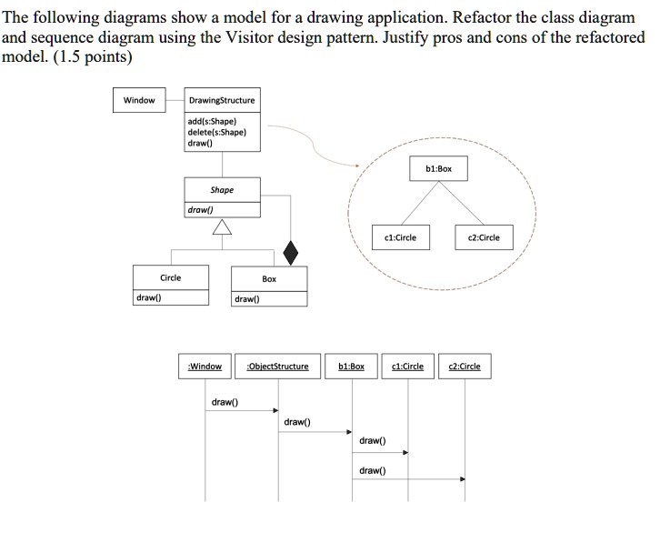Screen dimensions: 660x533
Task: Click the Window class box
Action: (139, 100)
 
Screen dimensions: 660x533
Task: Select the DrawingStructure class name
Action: (222, 101)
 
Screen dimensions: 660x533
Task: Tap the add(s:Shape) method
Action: (212, 121)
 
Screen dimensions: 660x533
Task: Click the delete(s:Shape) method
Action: (216, 132)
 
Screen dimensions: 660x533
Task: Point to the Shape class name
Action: (222, 190)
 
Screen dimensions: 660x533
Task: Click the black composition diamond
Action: (290, 253)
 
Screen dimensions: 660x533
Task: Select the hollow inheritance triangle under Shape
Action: (222, 226)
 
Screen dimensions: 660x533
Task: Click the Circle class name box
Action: (171, 277)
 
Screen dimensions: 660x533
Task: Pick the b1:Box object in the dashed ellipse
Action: (438, 169)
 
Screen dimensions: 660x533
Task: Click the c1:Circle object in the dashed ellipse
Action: (401, 237)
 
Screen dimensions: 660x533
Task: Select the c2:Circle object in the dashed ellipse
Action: (484, 237)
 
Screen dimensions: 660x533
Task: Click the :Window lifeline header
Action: (205, 367)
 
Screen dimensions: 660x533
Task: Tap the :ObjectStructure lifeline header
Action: (278, 367)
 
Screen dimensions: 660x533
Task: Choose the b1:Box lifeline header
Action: (352, 367)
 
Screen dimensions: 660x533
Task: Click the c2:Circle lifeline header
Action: (465, 367)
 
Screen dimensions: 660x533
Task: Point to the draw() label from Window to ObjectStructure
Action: (225, 402)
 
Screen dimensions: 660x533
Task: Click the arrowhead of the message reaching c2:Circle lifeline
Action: (463, 479)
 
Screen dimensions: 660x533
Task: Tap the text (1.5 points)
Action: (93, 56)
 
